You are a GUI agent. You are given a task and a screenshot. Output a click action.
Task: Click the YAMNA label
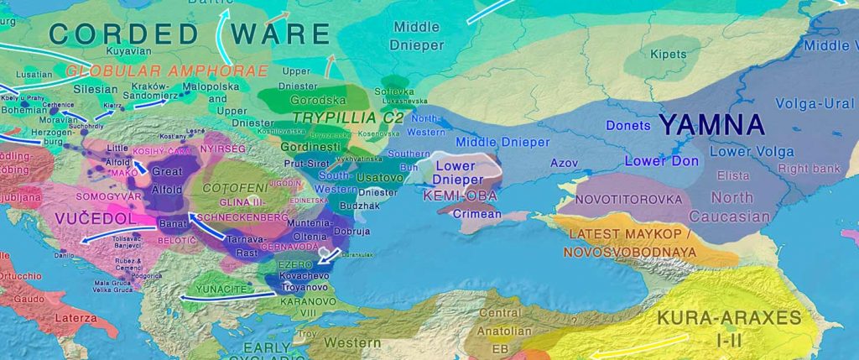pos(712,126)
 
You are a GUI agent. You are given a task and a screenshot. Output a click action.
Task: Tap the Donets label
pos(628,127)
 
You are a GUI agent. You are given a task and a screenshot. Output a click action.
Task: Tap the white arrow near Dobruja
pos(331,255)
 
